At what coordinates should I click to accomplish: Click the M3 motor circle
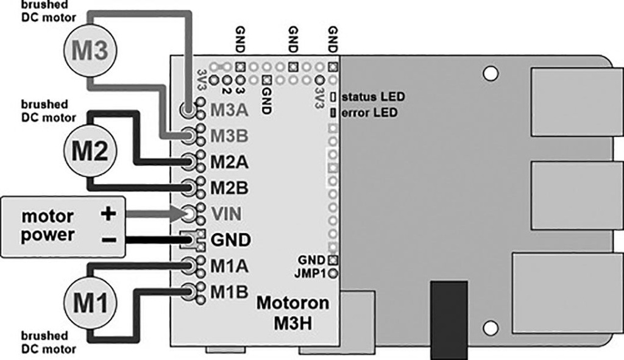[90, 51]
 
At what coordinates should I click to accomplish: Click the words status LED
[374, 97]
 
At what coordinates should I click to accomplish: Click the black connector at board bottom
[448, 319]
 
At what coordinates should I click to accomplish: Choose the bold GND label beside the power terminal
[230, 240]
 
